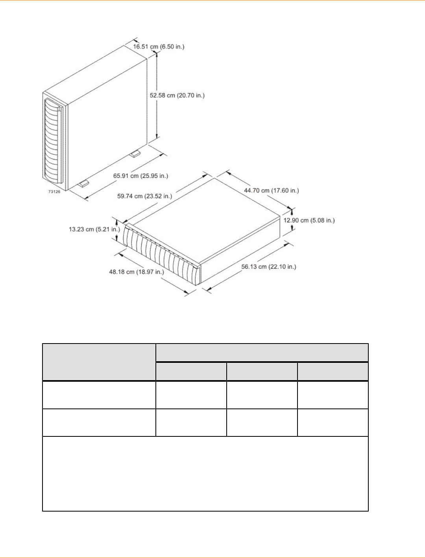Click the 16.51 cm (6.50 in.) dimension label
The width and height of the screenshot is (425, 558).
[x=159, y=46]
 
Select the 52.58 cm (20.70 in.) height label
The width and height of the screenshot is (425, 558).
[x=177, y=95]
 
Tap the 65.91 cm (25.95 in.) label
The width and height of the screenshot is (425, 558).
[x=140, y=176]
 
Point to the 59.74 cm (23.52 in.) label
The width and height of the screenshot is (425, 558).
[x=144, y=196]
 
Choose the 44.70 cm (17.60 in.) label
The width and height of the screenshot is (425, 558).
[x=271, y=190]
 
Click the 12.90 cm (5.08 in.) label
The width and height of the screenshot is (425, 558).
[x=309, y=220]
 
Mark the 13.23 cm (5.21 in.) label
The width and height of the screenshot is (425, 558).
[x=94, y=229]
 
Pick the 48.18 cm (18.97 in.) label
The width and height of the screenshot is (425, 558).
[x=136, y=272]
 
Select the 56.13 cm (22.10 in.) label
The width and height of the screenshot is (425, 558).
[x=268, y=267]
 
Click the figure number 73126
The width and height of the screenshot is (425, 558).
[x=54, y=192]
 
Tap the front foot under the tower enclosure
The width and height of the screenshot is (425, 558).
[x=84, y=183]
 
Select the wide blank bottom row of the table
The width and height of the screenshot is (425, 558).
[x=205, y=474]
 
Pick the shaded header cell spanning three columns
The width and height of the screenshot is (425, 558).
[x=262, y=353]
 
